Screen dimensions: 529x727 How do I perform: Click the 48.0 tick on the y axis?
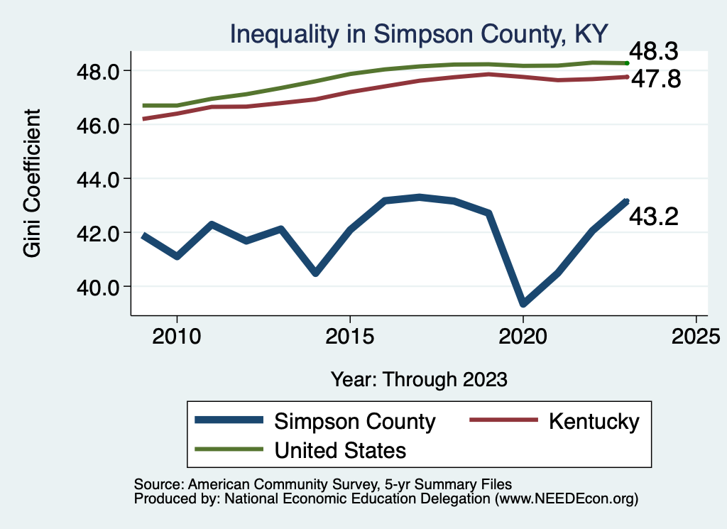[x=102, y=71]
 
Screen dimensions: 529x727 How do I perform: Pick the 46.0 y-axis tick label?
[x=102, y=125]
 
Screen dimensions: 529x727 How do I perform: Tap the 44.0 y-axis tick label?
[x=102, y=179]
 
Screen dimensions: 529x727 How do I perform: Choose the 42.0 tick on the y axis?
[x=102, y=233]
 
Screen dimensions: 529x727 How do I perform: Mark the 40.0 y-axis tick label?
[x=102, y=287]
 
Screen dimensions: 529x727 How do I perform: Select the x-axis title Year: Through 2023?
[x=420, y=379]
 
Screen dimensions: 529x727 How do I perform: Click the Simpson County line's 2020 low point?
[x=523, y=303]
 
